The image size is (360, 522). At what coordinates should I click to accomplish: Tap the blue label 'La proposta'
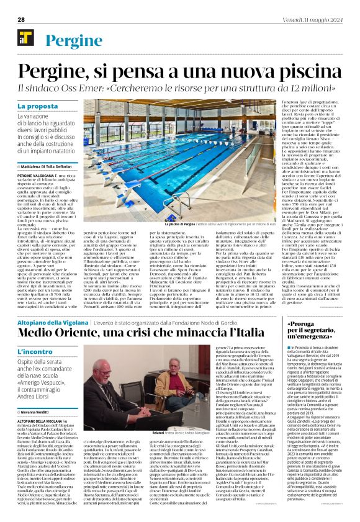37,107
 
